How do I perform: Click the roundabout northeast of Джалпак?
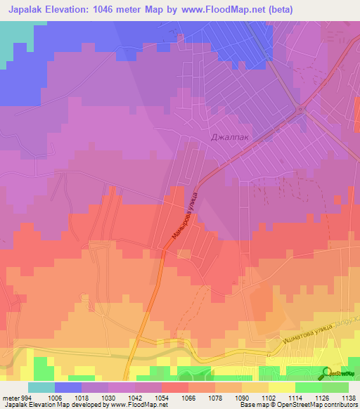pyautogui.click(x=301, y=109)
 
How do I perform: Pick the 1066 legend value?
pyautogui.click(x=188, y=397)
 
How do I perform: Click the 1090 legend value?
pyautogui.click(x=242, y=397)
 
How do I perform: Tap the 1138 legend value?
pyautogui.click(x=348, y=397)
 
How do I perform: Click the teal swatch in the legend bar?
pyautogui.click(x=41, y=387)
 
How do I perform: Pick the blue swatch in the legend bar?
pyautogui.click(x=68, y=387)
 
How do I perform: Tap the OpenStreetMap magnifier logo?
pyautogui.click(x=327, y=373)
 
